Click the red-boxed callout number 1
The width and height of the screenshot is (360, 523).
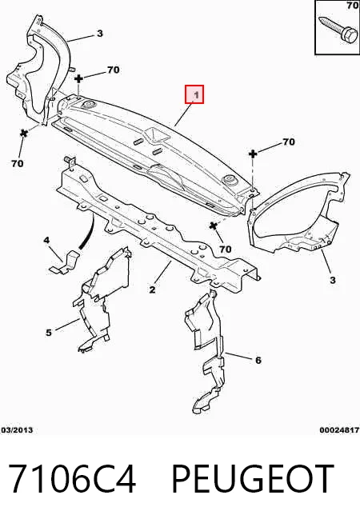tap(195, 94)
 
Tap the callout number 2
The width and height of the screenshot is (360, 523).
tap(152, 289)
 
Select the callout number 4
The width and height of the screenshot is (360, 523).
tap(46, 240)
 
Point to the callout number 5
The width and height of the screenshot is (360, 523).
tap(49, 333)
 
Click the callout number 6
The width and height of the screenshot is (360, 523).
tap(258, 360)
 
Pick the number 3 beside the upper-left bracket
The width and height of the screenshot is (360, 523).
tap(100, 34)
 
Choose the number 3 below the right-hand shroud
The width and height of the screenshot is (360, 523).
tap(332, 280)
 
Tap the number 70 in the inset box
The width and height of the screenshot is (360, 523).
tap(353, 6)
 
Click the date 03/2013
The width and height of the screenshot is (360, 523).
tap(17, 430)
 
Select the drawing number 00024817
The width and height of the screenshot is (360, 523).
tap(339, 430)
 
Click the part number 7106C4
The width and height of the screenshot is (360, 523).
tap(72, 479)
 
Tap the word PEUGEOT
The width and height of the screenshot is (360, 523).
tap(253, 479)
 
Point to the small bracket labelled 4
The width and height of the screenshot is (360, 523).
tap(65, 262)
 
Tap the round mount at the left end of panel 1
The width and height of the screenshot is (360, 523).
tap(89, 106)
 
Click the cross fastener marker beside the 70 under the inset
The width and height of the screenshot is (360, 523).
tap(254, 154)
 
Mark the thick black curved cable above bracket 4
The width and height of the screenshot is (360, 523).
tap(87, 232)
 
